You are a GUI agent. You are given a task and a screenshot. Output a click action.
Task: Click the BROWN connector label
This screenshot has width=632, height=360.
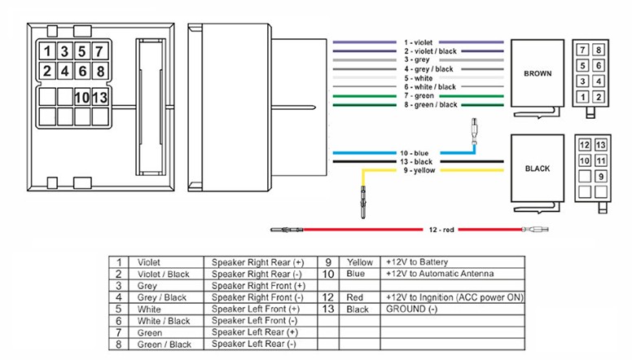(x=538, y=73)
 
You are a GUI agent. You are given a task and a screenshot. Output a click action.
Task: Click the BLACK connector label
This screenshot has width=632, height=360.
(x=538, y=169)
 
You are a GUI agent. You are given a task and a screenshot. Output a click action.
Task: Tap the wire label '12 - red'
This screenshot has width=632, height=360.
(x=440, y=230)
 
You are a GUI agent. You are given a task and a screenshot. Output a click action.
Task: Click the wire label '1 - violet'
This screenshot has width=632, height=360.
(x=420, y=41)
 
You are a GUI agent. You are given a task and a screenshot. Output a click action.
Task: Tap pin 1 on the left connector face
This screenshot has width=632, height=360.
(x=48, y=52)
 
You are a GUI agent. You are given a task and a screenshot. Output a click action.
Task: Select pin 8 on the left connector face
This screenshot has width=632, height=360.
(x=99, y=69)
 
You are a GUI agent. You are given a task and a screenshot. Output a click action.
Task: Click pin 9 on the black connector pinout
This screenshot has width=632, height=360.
(x=600, y=176)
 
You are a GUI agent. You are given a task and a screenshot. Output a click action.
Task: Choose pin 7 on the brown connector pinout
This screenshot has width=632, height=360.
(x=583, y=50)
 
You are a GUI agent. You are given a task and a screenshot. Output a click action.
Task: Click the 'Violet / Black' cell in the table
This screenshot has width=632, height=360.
(x=164, y=274)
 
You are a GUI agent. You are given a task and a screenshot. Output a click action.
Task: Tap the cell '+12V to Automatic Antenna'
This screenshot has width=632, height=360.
(x=440, y=274)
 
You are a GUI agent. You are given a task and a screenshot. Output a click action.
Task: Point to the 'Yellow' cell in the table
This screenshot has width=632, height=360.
(x=360, y=262)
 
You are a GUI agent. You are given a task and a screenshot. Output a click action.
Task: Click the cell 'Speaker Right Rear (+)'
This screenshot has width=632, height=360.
(x=257, y=262)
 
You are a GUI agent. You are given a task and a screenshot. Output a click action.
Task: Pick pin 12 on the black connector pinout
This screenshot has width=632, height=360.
(x=584, y=145)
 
